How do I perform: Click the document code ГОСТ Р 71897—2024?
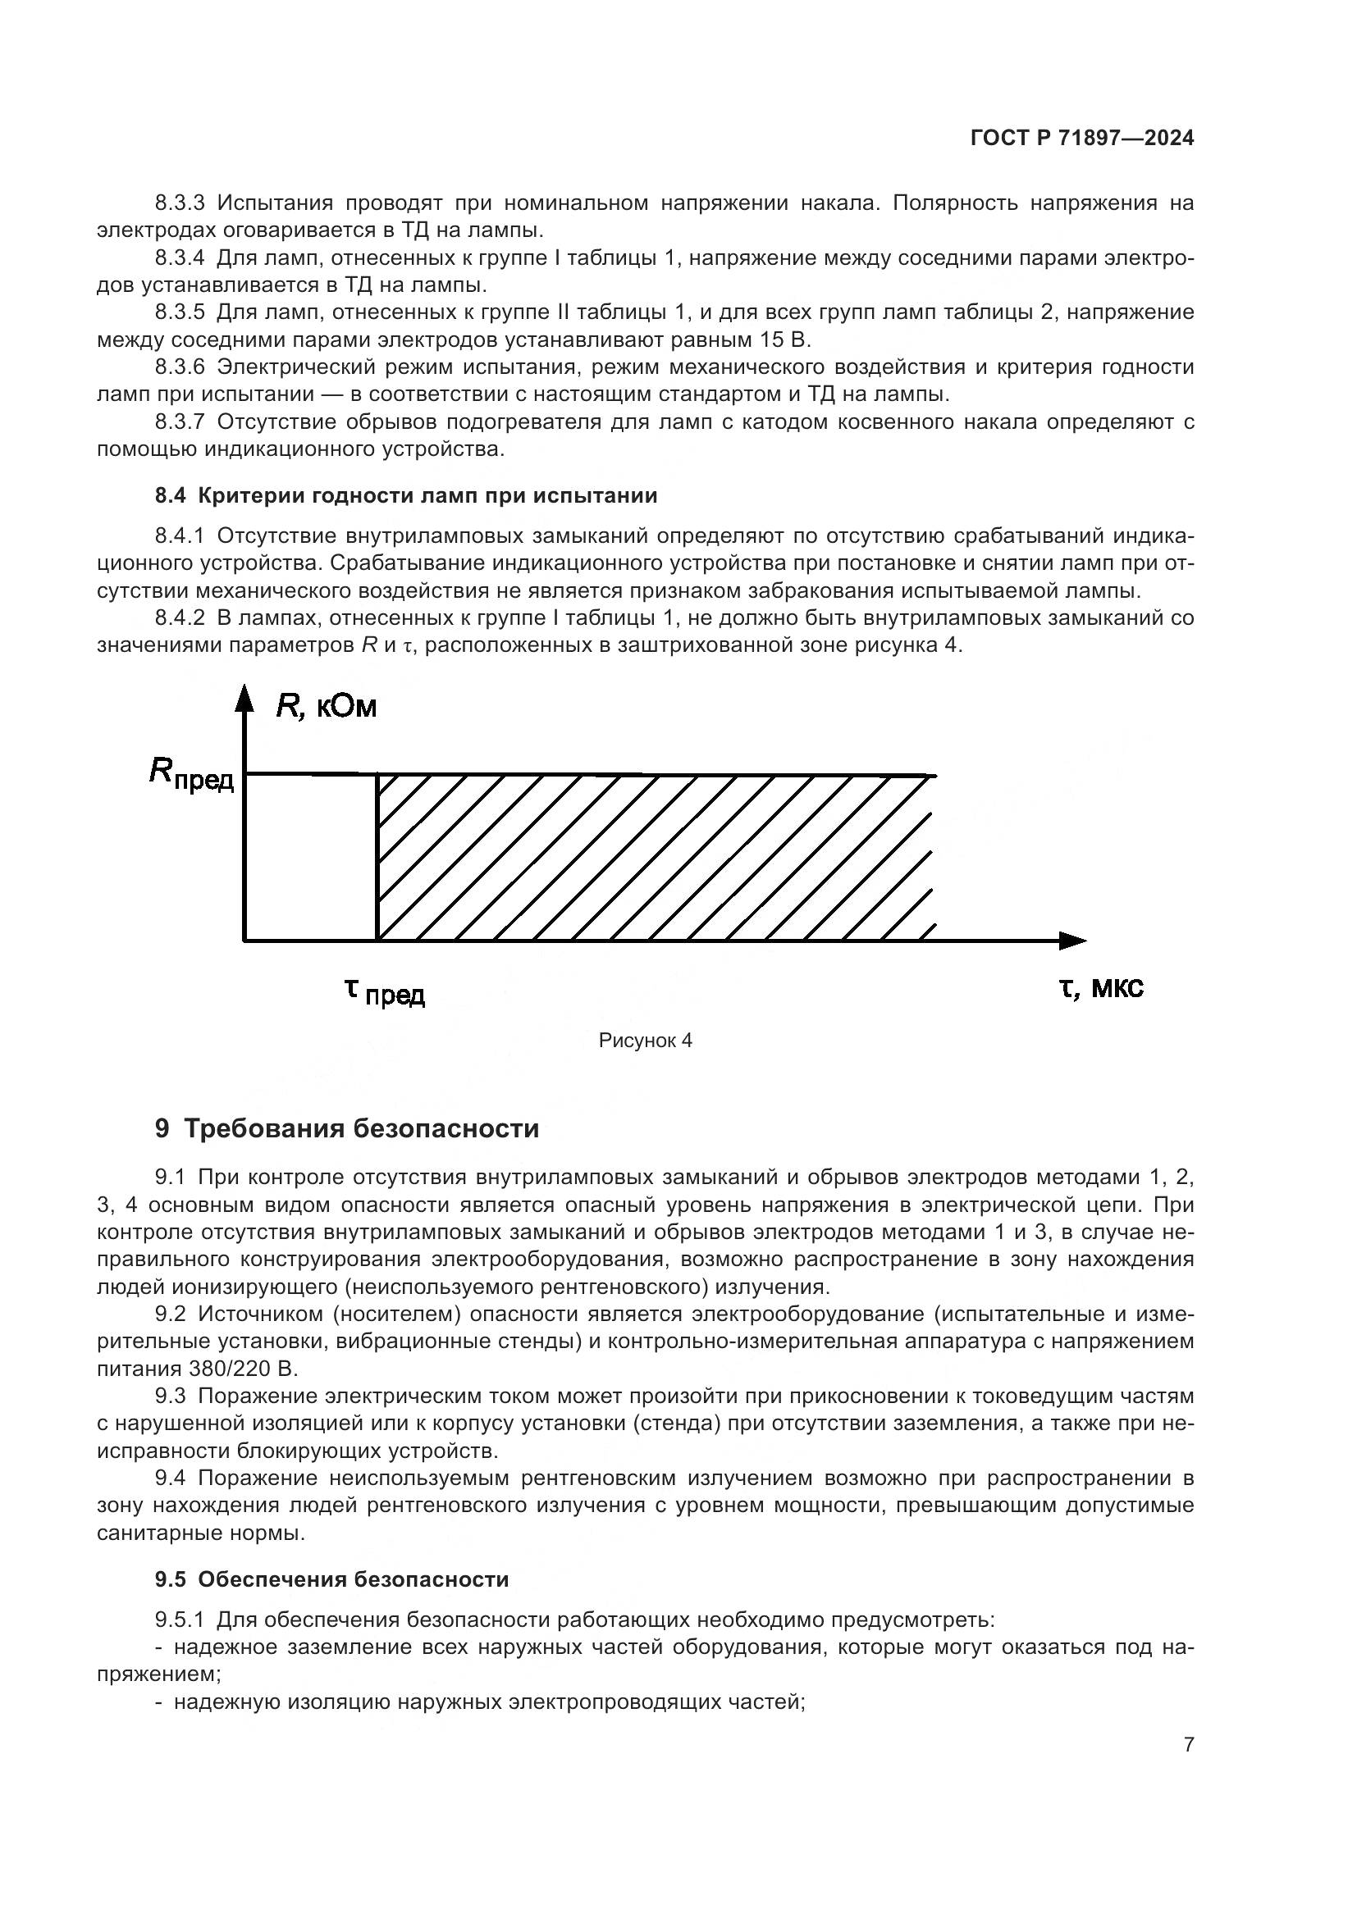point(1082,139)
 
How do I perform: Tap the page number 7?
point(1188,1744)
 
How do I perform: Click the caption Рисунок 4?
point(645,1040)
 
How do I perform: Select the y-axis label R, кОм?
point(326,708)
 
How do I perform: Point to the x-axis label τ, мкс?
point(1101,988)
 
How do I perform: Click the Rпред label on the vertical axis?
point(191,774)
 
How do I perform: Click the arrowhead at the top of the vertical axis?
point(244,697)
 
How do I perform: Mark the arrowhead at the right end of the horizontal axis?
point(1073,941)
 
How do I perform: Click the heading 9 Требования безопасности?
point(347,1128)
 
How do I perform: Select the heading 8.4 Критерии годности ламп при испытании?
point(406,495)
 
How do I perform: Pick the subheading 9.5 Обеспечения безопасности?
point(331,1579)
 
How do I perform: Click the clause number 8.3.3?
point(180,203)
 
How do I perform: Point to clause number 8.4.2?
point(180,618)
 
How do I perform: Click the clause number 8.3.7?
point(180,421)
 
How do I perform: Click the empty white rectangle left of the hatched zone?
point(311,857)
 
